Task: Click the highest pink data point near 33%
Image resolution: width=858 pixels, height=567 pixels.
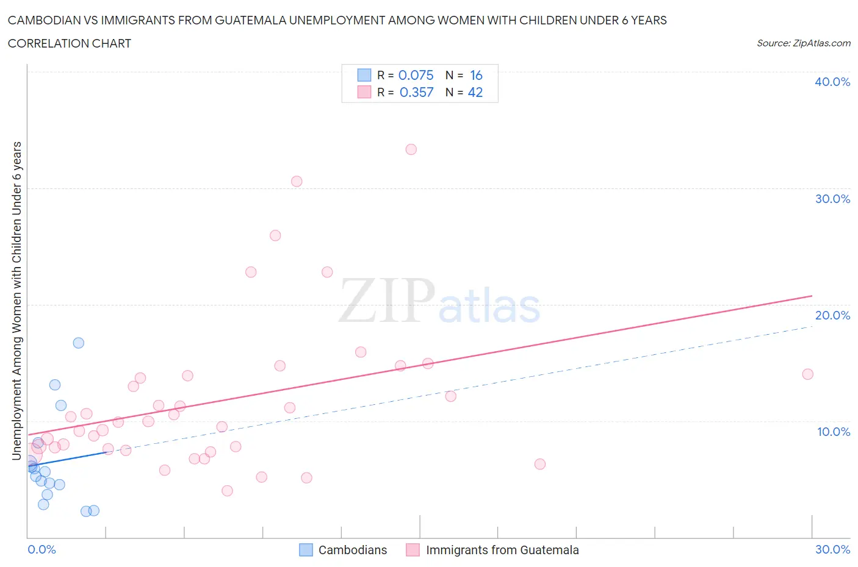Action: [411, 149]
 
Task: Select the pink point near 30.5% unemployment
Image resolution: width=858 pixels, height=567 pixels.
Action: [297, 181]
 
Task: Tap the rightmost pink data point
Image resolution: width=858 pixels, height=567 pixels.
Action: [807, 374]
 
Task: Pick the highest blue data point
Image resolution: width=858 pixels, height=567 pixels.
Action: [79, 343]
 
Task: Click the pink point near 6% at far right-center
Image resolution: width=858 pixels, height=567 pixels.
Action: [539, 464]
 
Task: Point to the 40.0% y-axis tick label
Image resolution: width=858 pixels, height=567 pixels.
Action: [832, 82]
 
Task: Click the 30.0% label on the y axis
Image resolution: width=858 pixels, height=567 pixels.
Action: [832, 199]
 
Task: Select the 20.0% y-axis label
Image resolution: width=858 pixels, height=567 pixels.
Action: [832, 315]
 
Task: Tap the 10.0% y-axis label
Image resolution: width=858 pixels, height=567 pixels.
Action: [833, 432]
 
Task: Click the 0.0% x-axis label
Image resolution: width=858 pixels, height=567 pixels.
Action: [41, 549]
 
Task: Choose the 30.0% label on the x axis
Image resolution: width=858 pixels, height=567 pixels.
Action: [832, 549]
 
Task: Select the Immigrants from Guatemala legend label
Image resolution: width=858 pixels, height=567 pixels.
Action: [502, 550]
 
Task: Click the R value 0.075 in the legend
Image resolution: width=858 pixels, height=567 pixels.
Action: [416, 75]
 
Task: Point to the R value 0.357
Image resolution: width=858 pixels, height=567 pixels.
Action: [416, 92]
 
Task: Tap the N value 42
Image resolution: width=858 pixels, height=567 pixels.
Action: [475, 92]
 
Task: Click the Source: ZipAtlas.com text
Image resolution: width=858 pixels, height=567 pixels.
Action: [803, 43]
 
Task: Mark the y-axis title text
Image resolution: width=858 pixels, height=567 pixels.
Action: [17, 301]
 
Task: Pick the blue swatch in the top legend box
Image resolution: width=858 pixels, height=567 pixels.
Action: [364, 75]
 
